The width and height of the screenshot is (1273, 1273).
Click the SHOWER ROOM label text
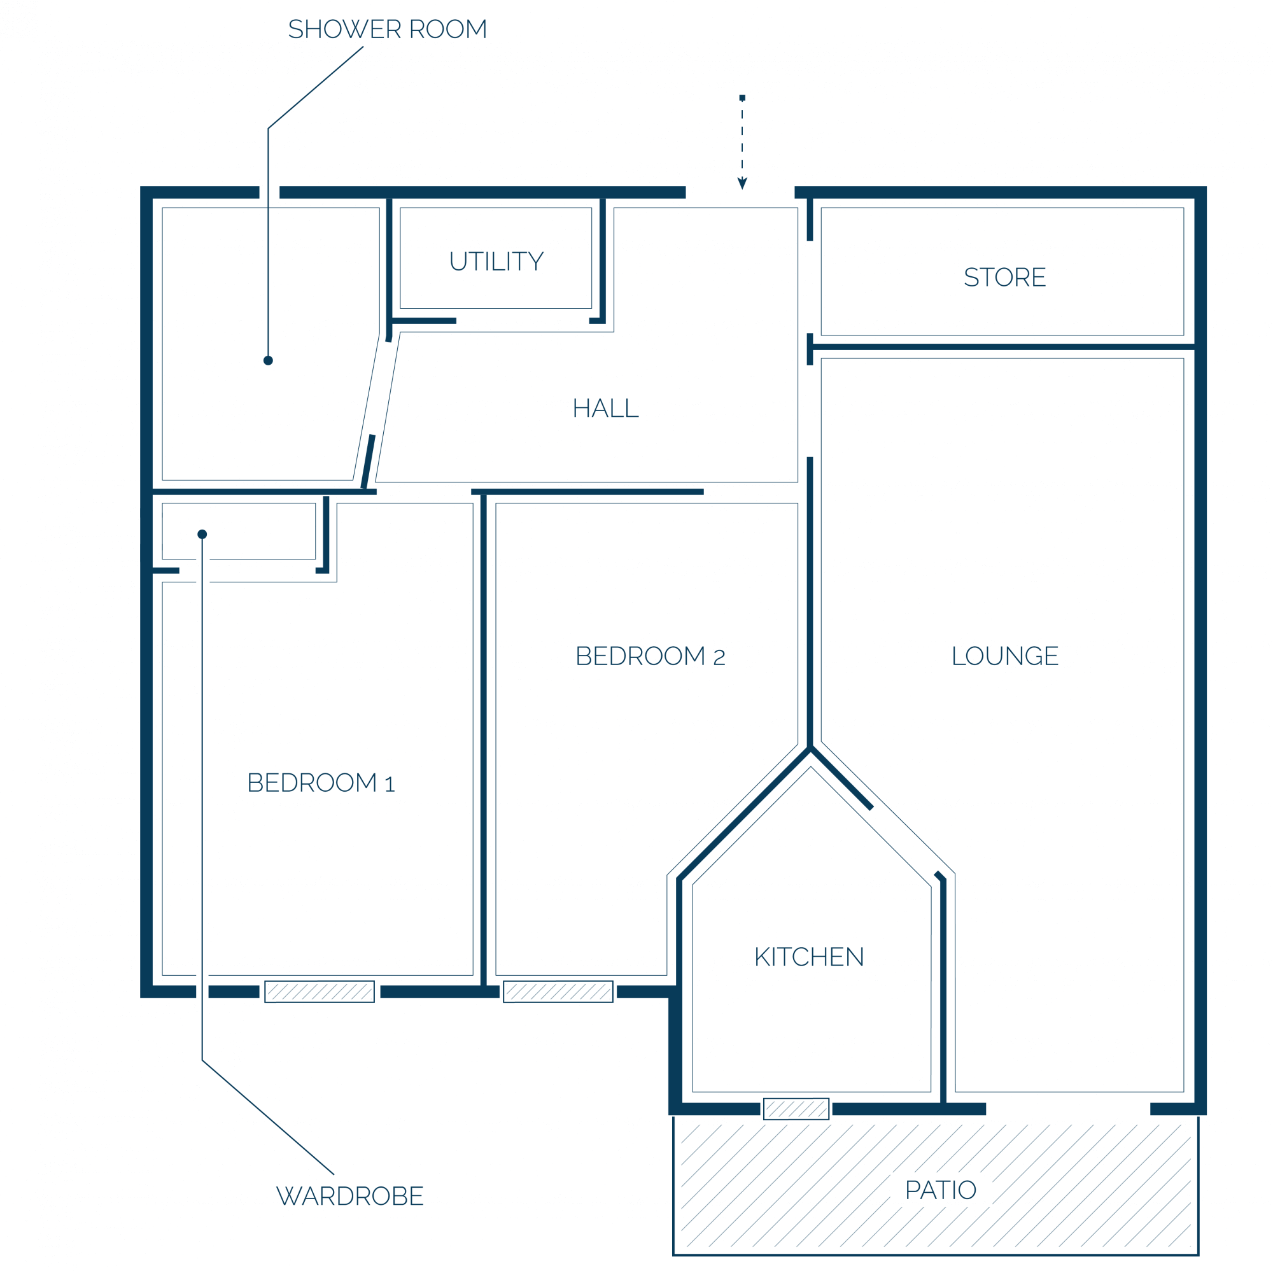coord(388,30)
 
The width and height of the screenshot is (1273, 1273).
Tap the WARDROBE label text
coord(350,1196)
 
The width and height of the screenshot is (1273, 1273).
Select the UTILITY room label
coord(496,262)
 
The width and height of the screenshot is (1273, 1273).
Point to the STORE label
coord(1005,278)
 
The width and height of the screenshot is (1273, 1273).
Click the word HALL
coord(605,409)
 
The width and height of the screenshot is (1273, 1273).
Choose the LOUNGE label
coord(1005,656)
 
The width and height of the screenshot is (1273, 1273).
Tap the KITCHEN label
coord(809,957)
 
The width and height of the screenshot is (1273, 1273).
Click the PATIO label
coord(941,1190)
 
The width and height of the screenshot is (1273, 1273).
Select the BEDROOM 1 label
coord(321,783)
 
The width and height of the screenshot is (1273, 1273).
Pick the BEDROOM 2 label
coord(651,656)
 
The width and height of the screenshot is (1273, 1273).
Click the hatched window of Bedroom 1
coord(320,992)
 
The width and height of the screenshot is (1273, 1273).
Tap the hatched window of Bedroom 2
coord(558,992)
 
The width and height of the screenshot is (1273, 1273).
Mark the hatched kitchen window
coord(796,1109)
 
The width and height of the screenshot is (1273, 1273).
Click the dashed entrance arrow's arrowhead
coord(742,183)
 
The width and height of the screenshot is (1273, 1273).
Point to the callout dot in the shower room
coord(268,360)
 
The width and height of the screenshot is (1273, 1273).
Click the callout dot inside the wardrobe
coord(202,535)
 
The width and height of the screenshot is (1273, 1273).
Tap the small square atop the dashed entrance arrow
coord(742,97)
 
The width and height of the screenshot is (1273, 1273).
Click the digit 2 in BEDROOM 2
coord(719,658)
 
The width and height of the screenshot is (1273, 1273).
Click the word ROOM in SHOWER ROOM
coord(448,30)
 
